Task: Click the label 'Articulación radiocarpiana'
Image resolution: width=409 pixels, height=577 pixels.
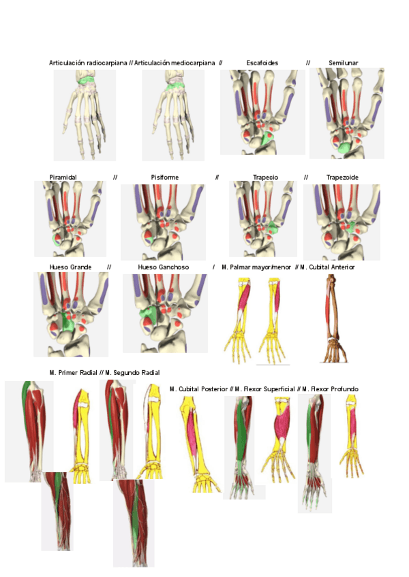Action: click(x=88, y=63)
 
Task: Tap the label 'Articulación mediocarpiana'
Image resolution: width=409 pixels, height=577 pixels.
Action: click(x=175, y=63)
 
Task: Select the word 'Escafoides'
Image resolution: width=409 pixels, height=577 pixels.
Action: click(x=262, y=63)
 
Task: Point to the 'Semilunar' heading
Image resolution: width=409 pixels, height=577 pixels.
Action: click(x=344, y=63)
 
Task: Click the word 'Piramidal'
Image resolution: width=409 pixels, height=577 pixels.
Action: click(x=63, y=177)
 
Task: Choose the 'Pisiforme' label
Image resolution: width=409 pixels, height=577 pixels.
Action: click(x=165, y=177)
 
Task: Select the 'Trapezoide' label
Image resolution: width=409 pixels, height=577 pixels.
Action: click(x=342, y=177)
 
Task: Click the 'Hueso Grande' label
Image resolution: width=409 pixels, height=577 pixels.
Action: click(x=70, y=267)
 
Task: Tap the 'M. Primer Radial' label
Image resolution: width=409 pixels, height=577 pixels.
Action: click(x=73, y=373)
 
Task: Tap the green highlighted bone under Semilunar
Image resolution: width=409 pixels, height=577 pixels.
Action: click(x=345, y=145)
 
